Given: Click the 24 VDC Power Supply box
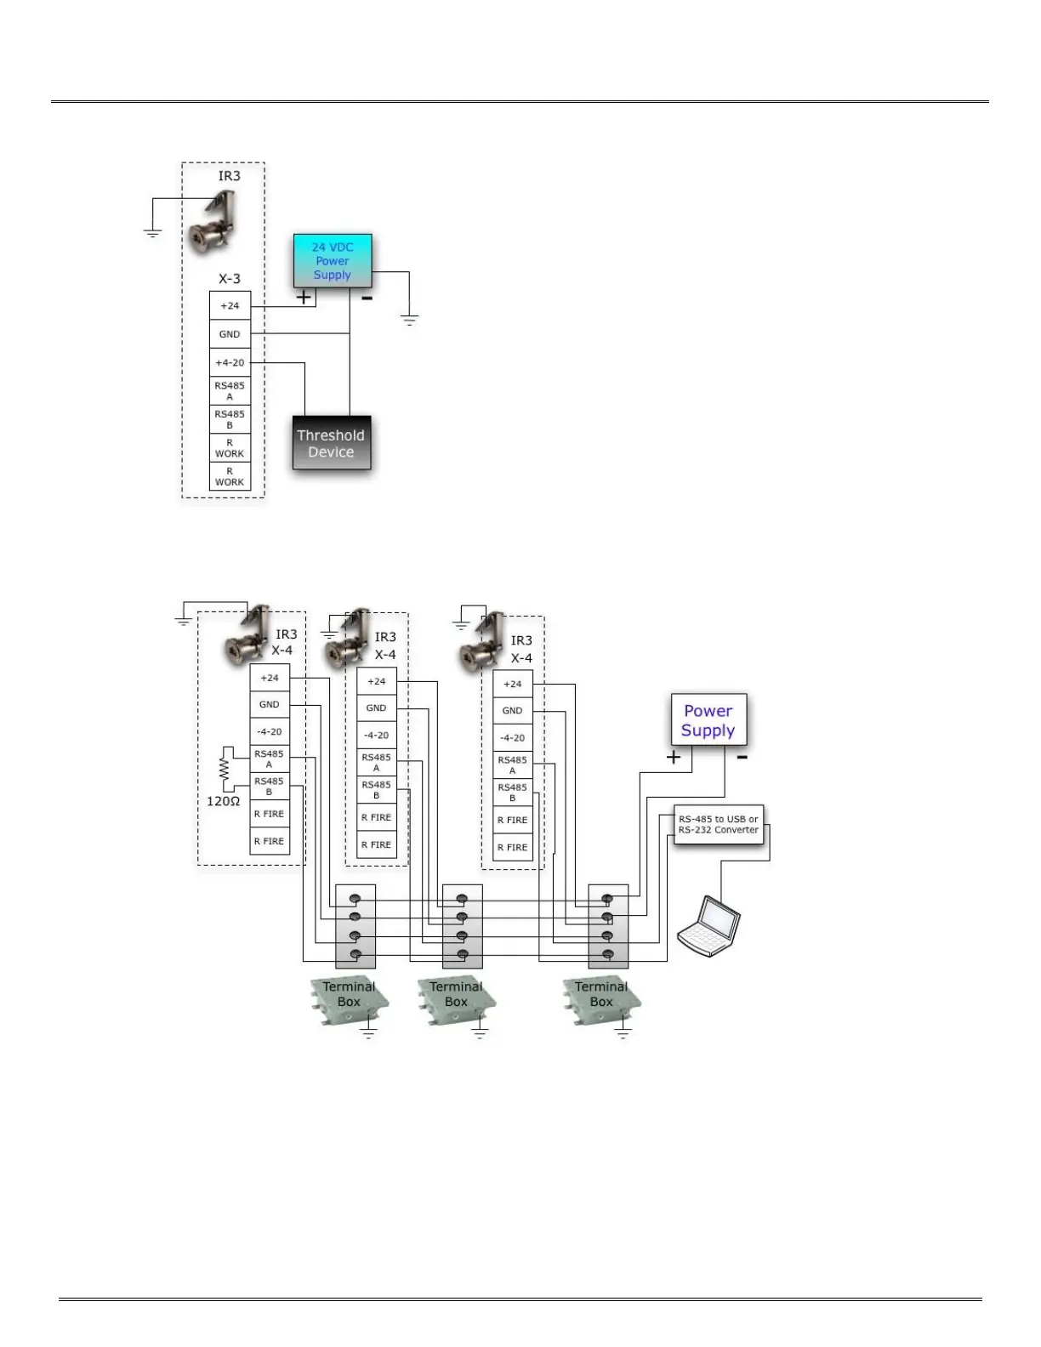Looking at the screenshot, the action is coord(333,260).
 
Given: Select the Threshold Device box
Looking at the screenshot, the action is coord(331,443).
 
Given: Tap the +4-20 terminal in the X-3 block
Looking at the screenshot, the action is coord(230,362).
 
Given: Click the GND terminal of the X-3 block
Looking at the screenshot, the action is coord(230,334).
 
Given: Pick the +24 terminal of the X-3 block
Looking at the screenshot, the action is coord(230,306).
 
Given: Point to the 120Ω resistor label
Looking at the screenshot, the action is coord(224,801).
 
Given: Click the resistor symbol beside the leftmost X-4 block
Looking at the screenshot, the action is coord(225,770).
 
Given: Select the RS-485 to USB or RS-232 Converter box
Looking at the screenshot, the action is coord(718,824).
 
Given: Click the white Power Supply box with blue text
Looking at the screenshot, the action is coord(708,720).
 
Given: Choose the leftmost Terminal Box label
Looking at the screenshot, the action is coord(349,994).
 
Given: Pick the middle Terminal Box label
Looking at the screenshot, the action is coord(456,994).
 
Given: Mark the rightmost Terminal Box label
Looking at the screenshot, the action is coord(601,994).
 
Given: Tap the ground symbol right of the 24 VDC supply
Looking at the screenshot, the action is coord(410,321).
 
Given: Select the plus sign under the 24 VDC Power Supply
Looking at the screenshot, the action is coord(304,298).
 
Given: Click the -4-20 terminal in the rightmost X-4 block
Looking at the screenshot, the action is coord(512,738).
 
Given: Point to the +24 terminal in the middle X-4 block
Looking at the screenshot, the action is coord(377,681).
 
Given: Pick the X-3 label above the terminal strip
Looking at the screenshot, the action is coord(230,279).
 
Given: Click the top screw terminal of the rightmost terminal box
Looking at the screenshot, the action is coord(607,898).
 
